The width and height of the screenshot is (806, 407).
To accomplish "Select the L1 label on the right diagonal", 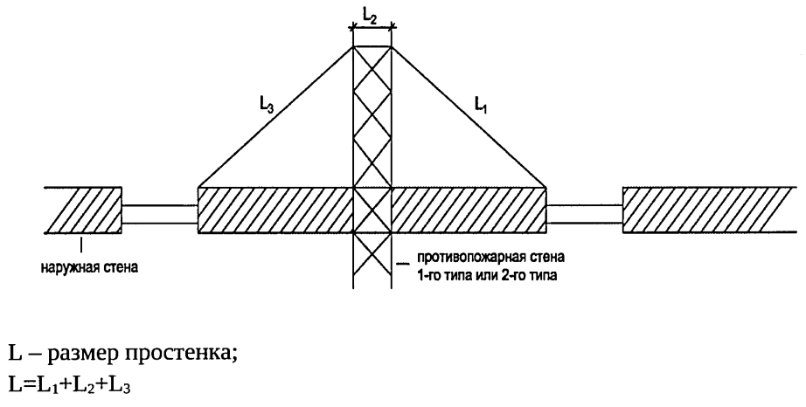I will pos(481,106).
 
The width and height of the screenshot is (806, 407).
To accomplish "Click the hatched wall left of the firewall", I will pos(275,210).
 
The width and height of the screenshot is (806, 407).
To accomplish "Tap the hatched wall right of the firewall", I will pos(469,210).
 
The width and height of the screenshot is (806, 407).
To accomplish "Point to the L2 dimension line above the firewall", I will pos(372,28).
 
